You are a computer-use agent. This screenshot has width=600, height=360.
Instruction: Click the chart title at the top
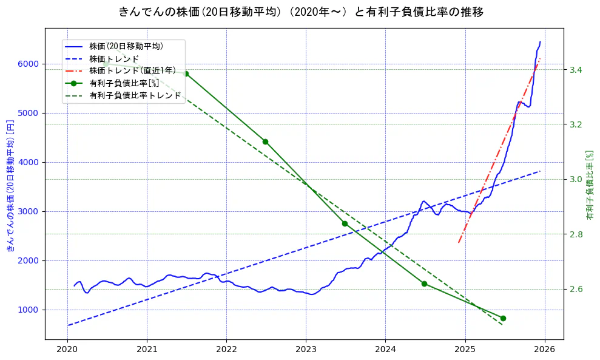point(301,12)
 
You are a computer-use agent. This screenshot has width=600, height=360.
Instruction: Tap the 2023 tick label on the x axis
point(306,350)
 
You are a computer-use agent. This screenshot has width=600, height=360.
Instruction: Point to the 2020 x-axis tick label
point(67,350)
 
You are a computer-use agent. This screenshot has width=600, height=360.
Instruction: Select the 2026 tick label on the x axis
point(544,350)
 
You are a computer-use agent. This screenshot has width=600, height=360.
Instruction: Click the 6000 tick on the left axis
point(29,64)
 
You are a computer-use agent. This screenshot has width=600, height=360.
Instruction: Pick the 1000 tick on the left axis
point(29,310)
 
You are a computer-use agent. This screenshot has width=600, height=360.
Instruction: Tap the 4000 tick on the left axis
point(29,163)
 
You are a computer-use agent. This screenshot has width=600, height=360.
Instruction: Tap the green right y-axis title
point(589,185)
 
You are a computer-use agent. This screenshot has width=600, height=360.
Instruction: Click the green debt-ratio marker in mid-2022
point(265,141)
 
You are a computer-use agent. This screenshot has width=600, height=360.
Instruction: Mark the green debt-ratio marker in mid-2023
point(345,223)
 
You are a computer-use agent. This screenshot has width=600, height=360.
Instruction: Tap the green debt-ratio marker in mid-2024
point(424,284)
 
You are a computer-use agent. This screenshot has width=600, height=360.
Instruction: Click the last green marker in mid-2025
point(503,318)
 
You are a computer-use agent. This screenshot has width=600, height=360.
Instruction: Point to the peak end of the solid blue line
point(540,42)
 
